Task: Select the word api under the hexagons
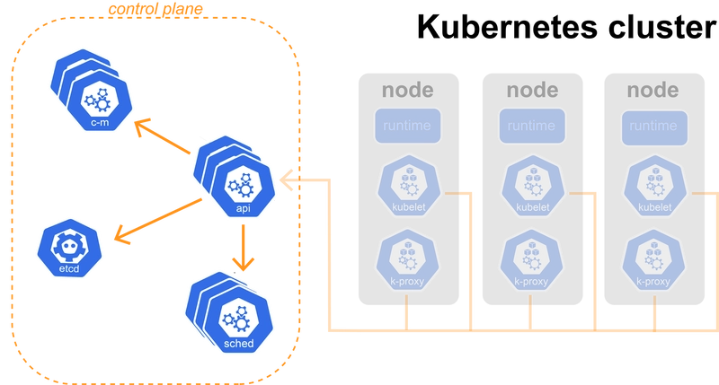coord(241,208)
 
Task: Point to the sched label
coord(239,344)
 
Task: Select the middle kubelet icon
coord(530,189)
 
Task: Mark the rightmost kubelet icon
coord(653,189)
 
